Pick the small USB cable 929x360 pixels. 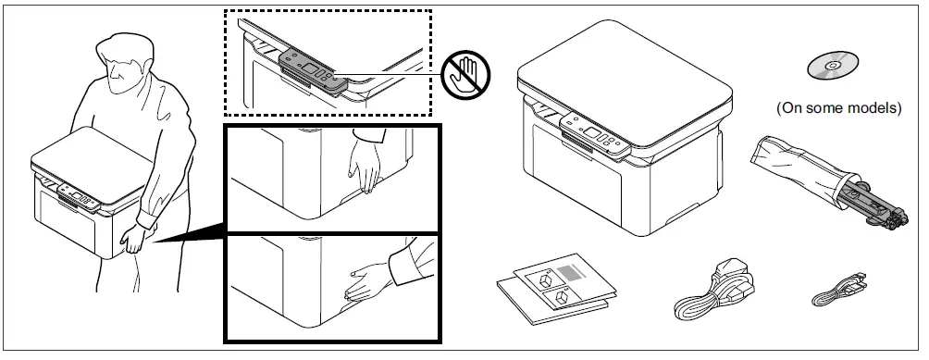click(838, 291)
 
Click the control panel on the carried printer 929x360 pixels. click(80, 195)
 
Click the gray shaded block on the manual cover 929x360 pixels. click(574, 274)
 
